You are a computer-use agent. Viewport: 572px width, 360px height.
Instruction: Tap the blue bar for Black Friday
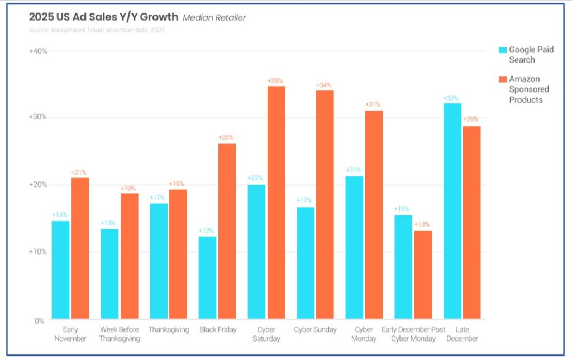[207, 277]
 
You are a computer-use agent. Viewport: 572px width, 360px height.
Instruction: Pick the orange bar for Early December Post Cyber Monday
[423, 275]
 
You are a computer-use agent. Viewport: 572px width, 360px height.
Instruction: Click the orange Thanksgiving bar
[178, 255]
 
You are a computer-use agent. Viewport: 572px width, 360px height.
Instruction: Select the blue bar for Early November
[60, 270]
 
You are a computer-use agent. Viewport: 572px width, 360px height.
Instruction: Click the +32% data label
[451, 98]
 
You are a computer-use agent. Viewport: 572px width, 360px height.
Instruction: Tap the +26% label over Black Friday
[226, 138]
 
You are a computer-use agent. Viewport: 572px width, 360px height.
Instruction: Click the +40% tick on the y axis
[38, 51]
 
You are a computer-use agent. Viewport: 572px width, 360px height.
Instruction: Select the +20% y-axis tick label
[38, 185]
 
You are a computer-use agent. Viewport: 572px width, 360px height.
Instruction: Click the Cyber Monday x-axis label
[364, 334]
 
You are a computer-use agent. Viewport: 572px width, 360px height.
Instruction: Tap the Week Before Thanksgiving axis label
[119, 334]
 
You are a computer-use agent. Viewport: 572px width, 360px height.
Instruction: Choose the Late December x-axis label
[462, 334]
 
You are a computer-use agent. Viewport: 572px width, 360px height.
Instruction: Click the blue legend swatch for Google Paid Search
[502, 50]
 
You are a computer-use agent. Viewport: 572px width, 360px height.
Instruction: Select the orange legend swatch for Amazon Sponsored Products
[502, 79]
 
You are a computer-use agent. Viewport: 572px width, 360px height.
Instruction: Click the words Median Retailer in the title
[214, 17]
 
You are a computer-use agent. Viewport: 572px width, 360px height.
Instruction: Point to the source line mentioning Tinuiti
[97, 30]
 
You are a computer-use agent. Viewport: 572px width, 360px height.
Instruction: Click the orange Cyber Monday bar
[374, 215]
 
